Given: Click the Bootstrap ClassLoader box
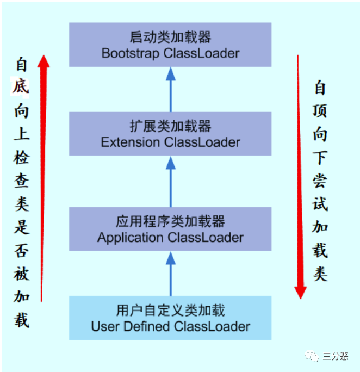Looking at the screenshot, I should tap(170, 45).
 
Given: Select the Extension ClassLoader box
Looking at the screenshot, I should tap(170, 134).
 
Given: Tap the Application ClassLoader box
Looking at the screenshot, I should tap(170, 228).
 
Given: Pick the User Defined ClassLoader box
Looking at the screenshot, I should tap(170, 318).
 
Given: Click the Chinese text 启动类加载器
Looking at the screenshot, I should tap(170, 38).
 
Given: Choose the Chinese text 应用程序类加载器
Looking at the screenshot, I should tap(170, 221).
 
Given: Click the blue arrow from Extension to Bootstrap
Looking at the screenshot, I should tap(170, 89).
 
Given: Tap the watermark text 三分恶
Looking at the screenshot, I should tap(335, 356).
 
